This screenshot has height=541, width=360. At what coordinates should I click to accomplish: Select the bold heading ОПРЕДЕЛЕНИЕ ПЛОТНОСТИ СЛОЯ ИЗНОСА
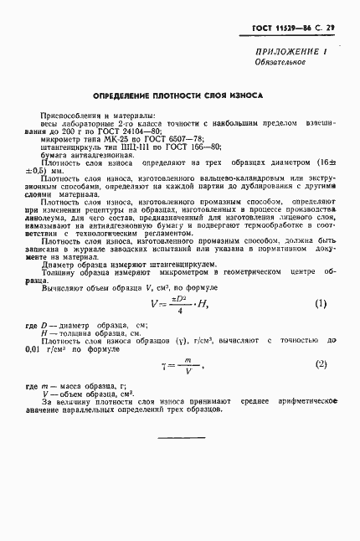[177, 95]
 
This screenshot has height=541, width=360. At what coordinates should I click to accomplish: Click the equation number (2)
[320, 364]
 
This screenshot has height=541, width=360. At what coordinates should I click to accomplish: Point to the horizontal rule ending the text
[182, 438]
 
